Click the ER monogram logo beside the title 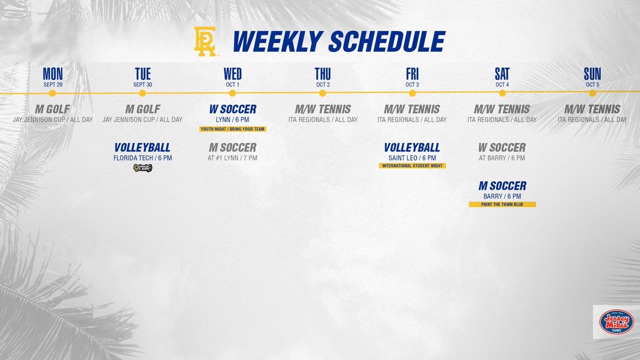coord(205,41)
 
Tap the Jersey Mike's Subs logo coord(615,322)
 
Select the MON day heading coord(52,74)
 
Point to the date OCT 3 coord(412,85)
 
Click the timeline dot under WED coord(233,93)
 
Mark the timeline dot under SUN coord(592,93)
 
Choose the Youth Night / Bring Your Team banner coord(233,129)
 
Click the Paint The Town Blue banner coord(502,204)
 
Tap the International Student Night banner coord(412,166)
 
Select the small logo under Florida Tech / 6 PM coord(142,169)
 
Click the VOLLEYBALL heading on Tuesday coord(142,147)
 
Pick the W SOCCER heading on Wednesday coord(233,109)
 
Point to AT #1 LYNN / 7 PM coord(233,158)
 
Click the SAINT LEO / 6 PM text coord(412,158)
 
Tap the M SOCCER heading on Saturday coord(502,186)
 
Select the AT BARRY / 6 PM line coord(502,158)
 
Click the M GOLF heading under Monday coord(52,109)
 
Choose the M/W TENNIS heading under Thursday coord(322,109)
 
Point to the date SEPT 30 coord(142,85)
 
